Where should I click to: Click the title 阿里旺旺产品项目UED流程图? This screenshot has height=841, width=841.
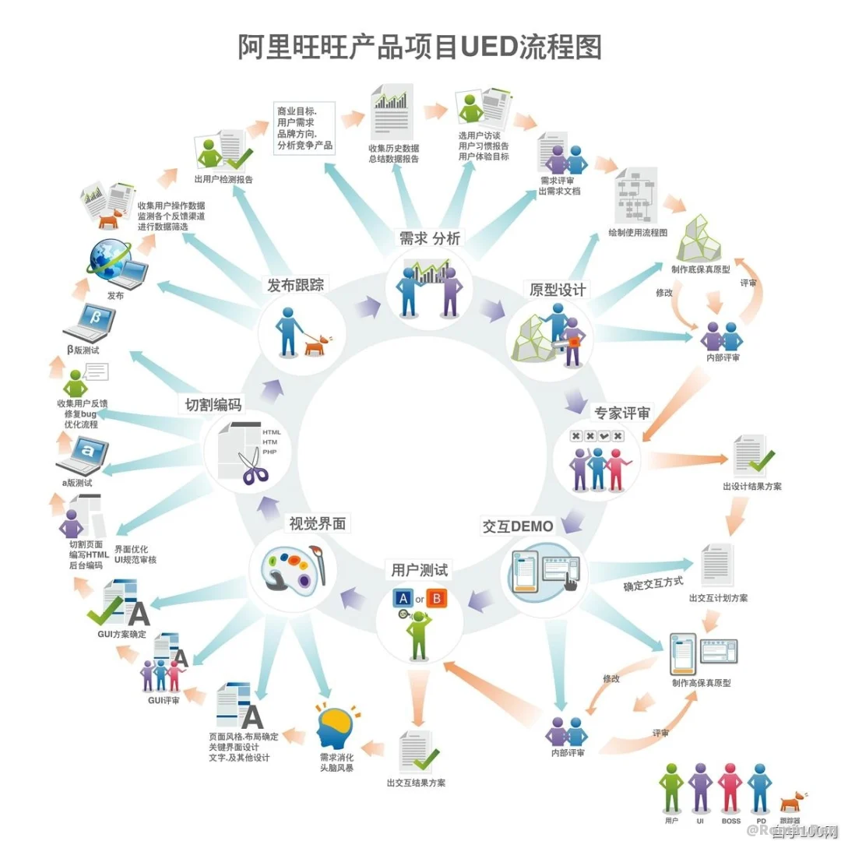pos(420,46)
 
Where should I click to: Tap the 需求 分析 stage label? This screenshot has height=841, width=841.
pos(431,239)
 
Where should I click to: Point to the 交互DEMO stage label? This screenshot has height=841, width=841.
pos(517,526)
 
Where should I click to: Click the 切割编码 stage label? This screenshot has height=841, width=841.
pos(213,405)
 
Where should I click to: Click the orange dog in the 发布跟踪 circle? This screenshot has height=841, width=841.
pos(316,343)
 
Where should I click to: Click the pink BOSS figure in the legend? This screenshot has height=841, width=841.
pos(730,789)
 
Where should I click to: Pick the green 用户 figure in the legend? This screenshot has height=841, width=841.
pos(671,789)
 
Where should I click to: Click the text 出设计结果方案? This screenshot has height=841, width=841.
pos(751,487)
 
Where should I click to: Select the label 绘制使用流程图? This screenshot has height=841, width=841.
pos(638,233)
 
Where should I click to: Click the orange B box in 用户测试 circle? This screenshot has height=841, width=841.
pos(438,599)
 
